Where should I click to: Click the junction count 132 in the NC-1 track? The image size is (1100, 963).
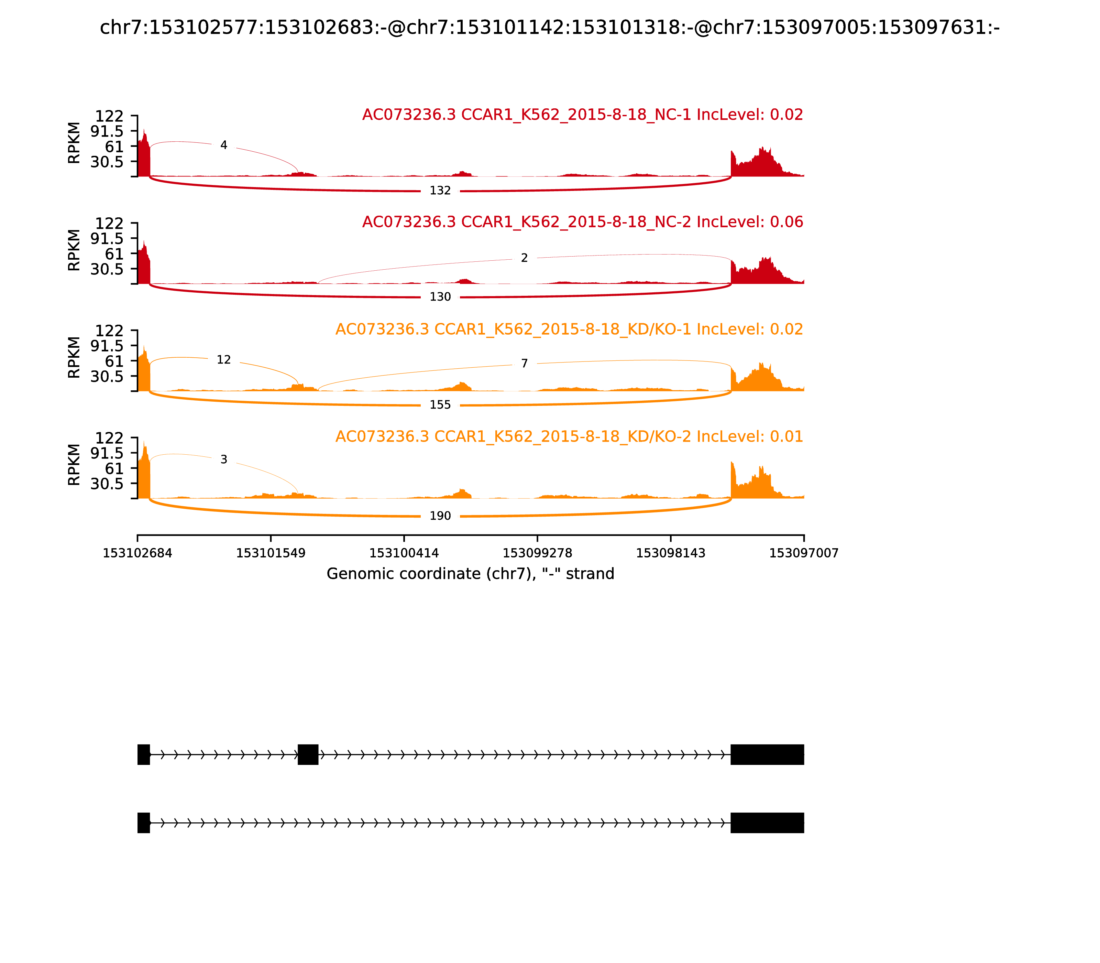[x=440, y=191]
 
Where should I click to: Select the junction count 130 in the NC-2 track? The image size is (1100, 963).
[x=440, y=297]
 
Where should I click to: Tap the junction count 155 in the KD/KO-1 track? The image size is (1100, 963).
[x=440, y=405]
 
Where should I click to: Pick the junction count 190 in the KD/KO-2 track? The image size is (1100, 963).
[x=440, y=516]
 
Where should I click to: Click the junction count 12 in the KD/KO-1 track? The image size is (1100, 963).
[x=223, y=359]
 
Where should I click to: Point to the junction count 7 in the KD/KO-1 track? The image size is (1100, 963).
[x=524, y=364]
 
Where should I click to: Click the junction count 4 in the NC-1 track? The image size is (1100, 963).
[x=223, y=145]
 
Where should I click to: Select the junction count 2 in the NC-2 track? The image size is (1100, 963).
[x=524, y=258]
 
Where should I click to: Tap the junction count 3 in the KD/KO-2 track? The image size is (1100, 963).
[x=223, y=459]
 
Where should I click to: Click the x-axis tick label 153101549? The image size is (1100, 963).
[x=271, y=553]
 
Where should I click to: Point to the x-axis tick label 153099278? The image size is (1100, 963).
[x=537, y=553]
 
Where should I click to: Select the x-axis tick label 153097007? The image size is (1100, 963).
[x=804, y=553]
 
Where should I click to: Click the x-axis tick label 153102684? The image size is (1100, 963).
[x=137, y=553]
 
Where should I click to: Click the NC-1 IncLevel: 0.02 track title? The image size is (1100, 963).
[x=582, y=115]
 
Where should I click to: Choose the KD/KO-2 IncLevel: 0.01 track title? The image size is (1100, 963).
[x=569, y=436]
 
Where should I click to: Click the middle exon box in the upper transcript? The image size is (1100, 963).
[x=308, y=755]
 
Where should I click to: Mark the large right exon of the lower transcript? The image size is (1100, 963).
[x=767, y=823]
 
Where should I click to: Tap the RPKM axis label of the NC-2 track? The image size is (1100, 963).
[x=74, y=250]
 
